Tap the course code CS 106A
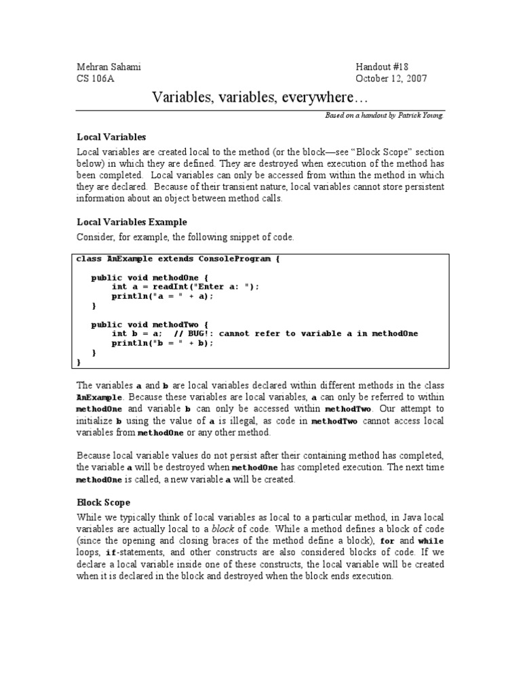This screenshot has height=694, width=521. [96, 79]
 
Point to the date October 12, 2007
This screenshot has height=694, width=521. [391, 79]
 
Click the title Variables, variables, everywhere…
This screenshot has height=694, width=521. [259, 98]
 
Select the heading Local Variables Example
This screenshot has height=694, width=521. [132, 222]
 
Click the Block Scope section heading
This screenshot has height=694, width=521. [103, 502]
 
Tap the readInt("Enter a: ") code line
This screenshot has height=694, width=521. [185, 287]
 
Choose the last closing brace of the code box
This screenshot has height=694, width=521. [79, 362]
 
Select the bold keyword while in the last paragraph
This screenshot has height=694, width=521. [430, 542]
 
